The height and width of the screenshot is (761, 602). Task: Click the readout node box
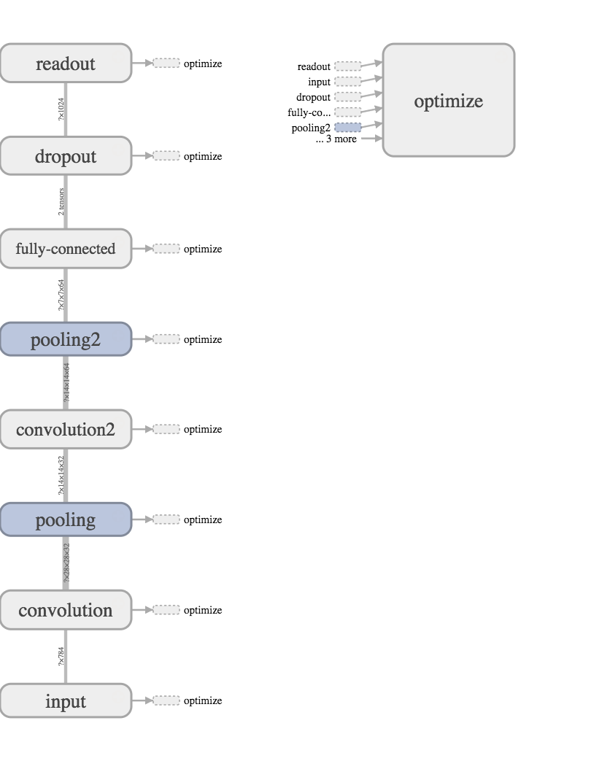pos(66,63)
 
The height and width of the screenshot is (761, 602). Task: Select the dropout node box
pos(66,156)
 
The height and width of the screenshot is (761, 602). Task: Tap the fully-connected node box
pos(66,249)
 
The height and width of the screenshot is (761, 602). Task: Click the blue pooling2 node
pos(66,339)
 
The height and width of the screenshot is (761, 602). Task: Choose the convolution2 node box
pos(66,429)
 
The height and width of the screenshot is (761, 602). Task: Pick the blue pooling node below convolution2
pos(66,519)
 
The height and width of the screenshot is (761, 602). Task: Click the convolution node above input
pos(66,610)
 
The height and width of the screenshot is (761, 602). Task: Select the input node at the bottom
pos(66,700)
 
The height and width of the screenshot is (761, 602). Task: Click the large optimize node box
pos(448,101)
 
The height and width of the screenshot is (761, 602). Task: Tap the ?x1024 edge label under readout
pos(61,109)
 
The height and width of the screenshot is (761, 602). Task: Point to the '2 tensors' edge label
pos(61,202)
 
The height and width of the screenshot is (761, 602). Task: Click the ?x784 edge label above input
pos(61,656)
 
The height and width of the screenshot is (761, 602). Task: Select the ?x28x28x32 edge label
pos(66,563)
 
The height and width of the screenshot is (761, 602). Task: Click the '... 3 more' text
pos(336,139)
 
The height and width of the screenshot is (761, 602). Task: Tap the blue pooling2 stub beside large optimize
pos(347,128)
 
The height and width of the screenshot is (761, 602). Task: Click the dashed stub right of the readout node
pos(166,63)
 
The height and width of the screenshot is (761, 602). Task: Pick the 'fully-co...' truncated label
pos(309,112)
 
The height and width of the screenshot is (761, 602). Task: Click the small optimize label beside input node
pos(202,700)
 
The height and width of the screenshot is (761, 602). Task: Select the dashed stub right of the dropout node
pos(166,156)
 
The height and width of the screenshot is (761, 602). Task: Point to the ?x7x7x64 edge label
pos(61,295)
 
